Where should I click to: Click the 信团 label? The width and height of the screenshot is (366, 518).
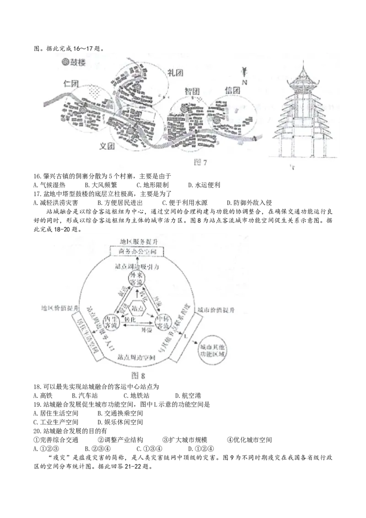click(232, 90)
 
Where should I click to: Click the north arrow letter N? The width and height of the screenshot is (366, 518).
click(245, 82)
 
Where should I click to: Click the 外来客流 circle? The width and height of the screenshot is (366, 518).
click(137, 289)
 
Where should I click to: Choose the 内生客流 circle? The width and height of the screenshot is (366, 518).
click(112, 321)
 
